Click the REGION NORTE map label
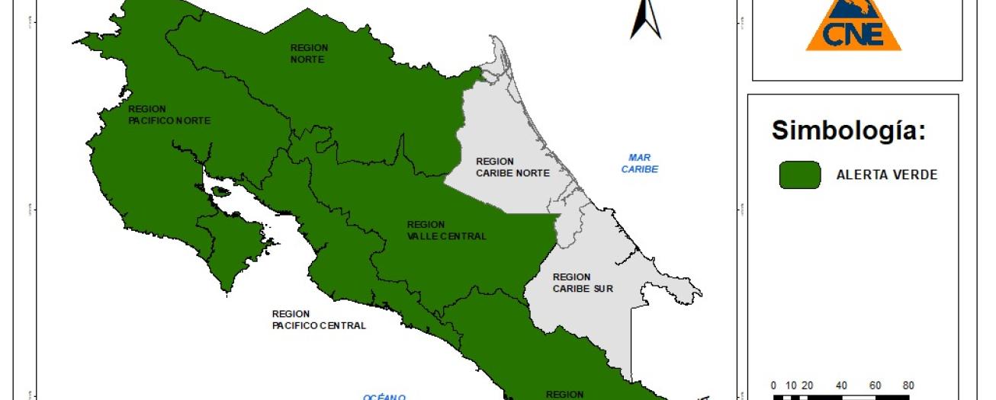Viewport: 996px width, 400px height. pyautogui.click(x=308, y=53)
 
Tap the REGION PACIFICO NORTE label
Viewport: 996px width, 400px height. pyautogui.click(x=169, y=115)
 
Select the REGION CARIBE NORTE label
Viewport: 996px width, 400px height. pyautogui.click(x=512, y=167)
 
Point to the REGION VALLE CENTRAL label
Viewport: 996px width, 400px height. pyautogui.click(x=446, y=230)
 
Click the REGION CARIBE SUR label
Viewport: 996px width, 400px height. pyautogui.click(x=583, y=283)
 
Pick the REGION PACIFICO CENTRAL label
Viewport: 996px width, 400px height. pyautogui.click(x=319, y=319)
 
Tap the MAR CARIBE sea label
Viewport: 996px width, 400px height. pyautogui.click(x=639, y=163)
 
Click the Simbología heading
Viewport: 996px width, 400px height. pyautogui.click(x=849, y=130)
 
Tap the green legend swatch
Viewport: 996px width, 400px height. pyautogui.click(x=799, y=174)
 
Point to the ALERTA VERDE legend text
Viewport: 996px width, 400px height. pyautogui.click(x=887, y=175)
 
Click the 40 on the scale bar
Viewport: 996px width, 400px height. pyautogui.click(x=842, y=386)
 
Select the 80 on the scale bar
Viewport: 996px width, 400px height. pyautogui.click(x=908, y=386)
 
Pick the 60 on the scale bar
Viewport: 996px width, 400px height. pyautogui.click(x=876, y=386)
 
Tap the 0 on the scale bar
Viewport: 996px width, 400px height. pyautogui.click(x=773, y=386)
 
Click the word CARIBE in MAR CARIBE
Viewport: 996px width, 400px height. pyautogui.click(x=639, y=169)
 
